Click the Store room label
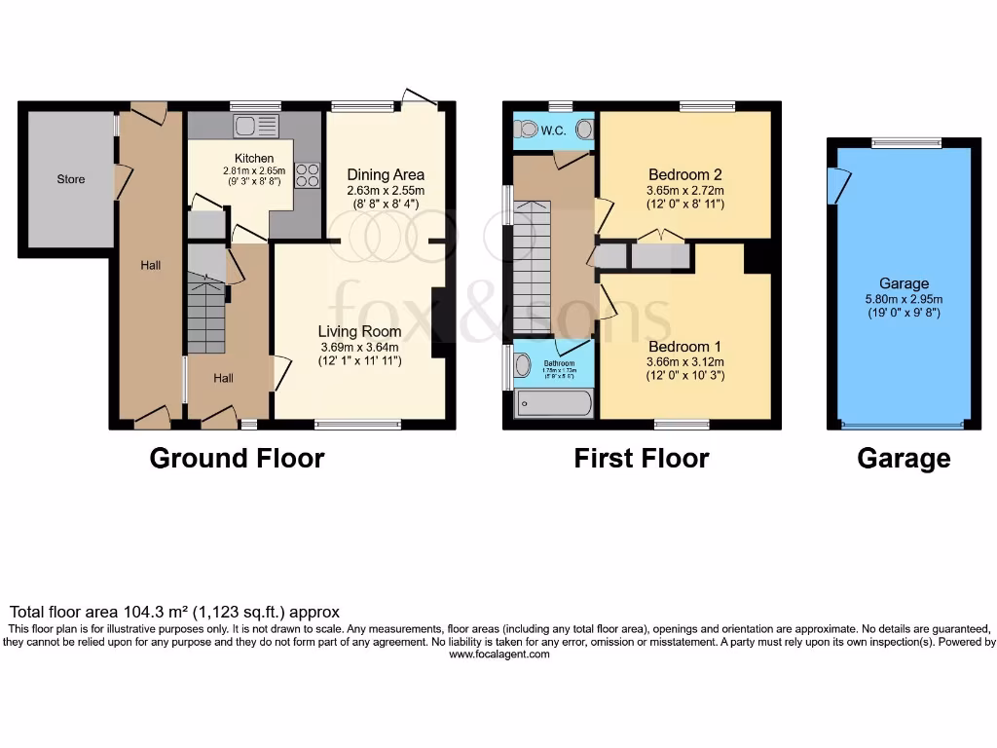71,179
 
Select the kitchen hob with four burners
308,174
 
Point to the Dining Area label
387,174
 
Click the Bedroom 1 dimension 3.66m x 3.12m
684,361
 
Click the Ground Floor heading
237,458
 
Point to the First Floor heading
641,458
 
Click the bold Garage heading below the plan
904,458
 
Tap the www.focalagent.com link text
498,654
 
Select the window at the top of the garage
906,143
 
